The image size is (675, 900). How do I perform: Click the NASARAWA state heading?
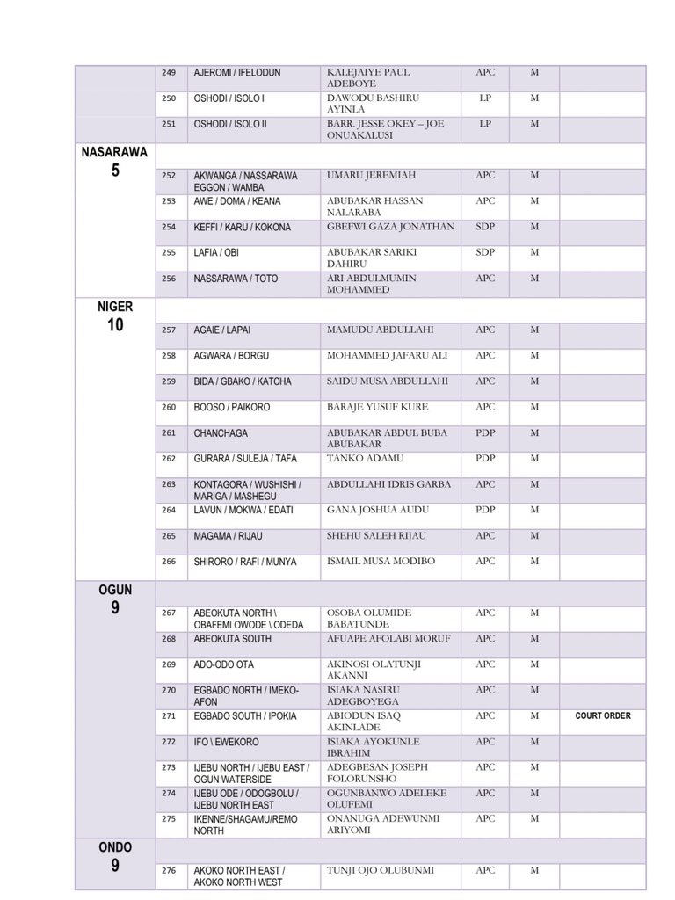[x=114, y=152]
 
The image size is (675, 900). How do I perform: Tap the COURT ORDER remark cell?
[x=603, y=715]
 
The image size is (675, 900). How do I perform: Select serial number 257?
[x=169, y=330]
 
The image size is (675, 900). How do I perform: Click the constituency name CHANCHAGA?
[x=221, y=433]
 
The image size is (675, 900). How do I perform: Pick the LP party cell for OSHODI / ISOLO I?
[x=485, y=98]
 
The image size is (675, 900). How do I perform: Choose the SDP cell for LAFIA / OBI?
[x=485, y=252]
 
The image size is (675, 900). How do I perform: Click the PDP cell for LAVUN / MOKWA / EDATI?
[x=485, y=510]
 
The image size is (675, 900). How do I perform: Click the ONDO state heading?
[x=115, y=847]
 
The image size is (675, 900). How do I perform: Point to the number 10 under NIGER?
[x=115, y=326]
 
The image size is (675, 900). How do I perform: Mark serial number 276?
[x=169, y=871]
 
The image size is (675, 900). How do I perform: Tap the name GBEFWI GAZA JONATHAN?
[x=390, y=227]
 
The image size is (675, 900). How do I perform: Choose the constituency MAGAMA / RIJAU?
[x=233, y=535]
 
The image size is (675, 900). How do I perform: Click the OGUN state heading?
[x=115, y=590]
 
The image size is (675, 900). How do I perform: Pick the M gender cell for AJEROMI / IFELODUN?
[x=533, y=72]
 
